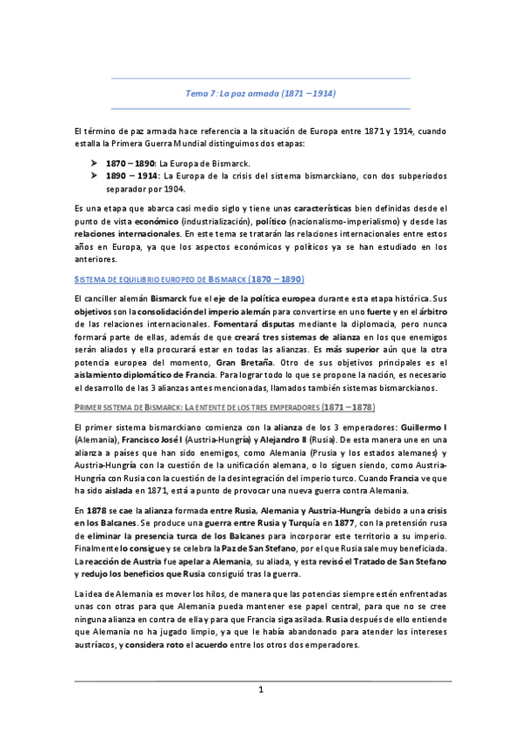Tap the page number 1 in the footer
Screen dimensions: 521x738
point(260,691)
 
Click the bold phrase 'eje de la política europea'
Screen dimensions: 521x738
point(255,299)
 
